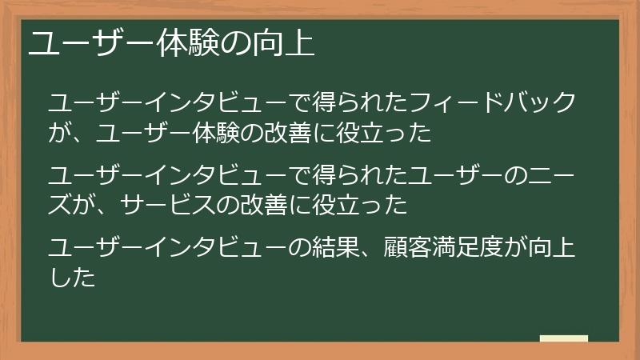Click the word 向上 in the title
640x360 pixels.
pyautogui.click(x=289, y=42)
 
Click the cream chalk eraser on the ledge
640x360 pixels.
pyautogui.click(x=564, y=338)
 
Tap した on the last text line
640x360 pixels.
pyautogui.click(x=72, y=278)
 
